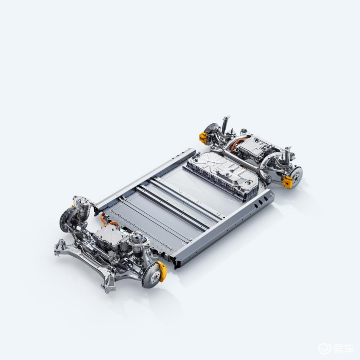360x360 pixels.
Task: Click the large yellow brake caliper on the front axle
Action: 162,271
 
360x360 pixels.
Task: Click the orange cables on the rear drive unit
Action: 236,144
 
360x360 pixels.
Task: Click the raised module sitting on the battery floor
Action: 222,174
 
